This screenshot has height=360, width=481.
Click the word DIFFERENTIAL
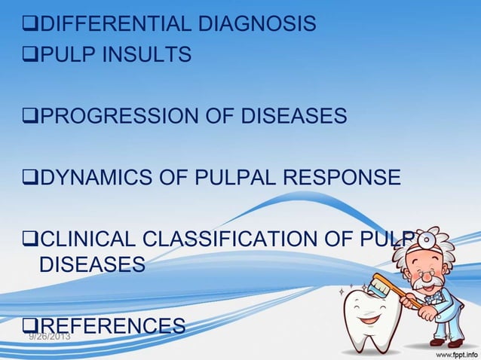[x=114, y=25]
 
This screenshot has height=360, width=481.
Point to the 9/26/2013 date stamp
[x=49, y=336]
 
